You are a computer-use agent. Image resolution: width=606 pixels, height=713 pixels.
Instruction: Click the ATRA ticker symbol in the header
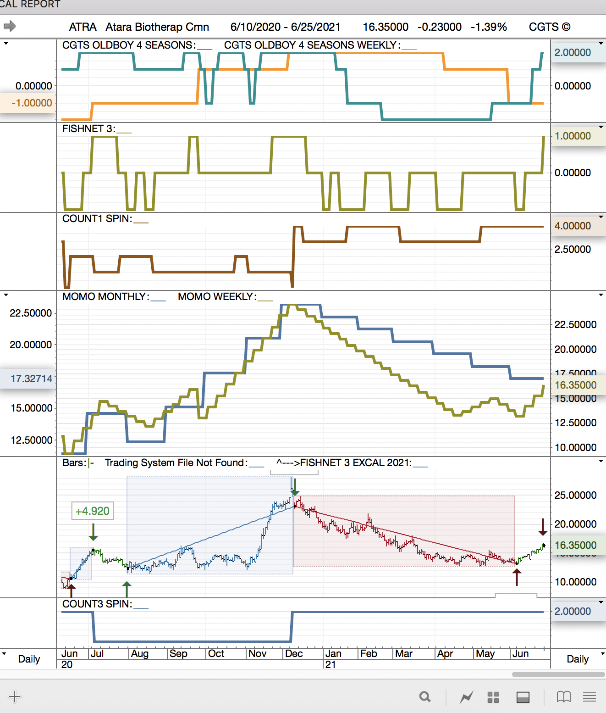tap(83, 27)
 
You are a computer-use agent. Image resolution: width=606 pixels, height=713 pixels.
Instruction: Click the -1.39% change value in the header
tap(489, 27)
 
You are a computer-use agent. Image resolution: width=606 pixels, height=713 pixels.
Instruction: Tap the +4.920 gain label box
tap(93, 511)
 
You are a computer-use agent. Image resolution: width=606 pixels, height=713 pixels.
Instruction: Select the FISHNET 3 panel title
tap(88, 129)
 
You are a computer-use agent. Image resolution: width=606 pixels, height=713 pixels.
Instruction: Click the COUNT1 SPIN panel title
tap(97, 219)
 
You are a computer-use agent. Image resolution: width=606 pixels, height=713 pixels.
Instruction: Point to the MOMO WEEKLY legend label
tap(217, 297)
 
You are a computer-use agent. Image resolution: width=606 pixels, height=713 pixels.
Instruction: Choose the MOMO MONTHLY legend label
tap(105, 297)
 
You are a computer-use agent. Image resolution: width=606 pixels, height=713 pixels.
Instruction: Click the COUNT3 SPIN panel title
tap(97, 604)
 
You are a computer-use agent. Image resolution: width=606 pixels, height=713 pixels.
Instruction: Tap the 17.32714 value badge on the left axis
tap(31, 379)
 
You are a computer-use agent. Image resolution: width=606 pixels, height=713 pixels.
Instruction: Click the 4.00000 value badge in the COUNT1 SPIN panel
tap(573, 226)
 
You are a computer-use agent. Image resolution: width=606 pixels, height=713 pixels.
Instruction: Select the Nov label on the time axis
tap(257, 653)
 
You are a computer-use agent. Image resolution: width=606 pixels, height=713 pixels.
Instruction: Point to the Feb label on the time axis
tap(369, 653)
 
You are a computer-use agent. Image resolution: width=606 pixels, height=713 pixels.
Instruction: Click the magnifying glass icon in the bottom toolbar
tap(425, 697)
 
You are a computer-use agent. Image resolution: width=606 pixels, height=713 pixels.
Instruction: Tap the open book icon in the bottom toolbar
tap(563, 697)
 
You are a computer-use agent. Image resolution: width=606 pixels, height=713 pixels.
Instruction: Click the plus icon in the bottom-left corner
tap(15, 697)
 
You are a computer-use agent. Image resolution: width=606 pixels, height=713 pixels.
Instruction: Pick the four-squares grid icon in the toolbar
tap(493, 697)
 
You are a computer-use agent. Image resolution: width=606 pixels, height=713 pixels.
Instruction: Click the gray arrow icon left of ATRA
tap(10, 26)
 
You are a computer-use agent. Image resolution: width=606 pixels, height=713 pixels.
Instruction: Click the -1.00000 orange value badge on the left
tap(31, 103)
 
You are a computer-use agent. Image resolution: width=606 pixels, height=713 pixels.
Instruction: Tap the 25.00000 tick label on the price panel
tap(575, 496)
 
